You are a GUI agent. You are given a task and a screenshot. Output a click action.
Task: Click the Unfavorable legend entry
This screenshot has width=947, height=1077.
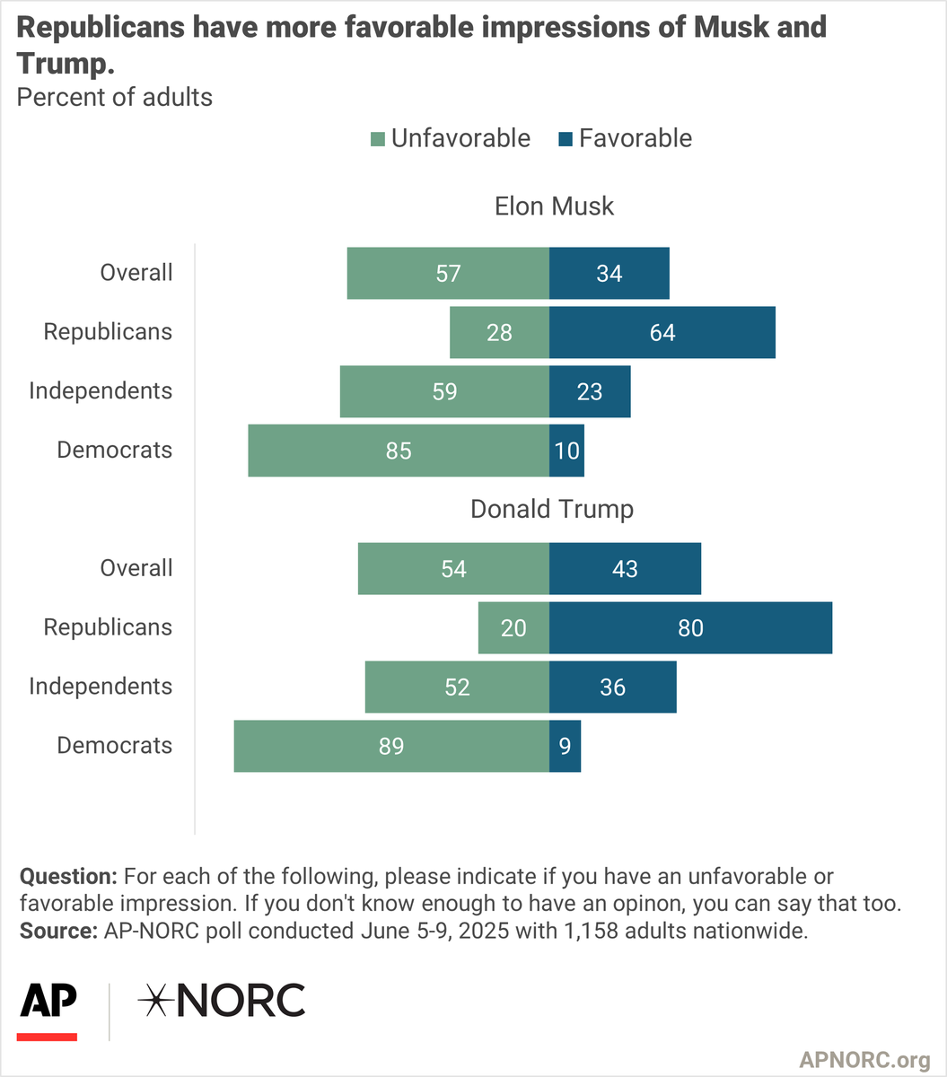click(x=450, y=138)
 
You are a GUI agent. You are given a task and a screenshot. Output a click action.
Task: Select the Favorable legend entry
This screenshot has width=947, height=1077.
click(x=625, y=138)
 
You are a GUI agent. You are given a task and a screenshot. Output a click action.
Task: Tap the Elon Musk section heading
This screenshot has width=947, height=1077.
click(x=554, y=206)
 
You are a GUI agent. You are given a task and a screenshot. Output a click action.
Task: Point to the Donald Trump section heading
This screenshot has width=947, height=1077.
click(x=552, y=509)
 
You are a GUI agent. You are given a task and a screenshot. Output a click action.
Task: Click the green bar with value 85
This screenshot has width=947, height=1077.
click(x=399, y=451)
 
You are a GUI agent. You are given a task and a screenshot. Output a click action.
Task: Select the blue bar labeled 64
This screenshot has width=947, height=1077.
click(x=662, y=332)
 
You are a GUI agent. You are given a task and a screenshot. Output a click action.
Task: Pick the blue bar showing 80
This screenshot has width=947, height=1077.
click(x=690, y=627)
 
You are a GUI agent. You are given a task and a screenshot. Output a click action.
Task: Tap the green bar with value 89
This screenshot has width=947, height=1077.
click(x=391, y=746)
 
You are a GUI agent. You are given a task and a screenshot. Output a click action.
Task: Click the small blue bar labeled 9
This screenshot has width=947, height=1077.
click(x=566, y=746)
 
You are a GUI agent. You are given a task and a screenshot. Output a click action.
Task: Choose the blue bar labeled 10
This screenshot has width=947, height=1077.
click(x=567, y=451)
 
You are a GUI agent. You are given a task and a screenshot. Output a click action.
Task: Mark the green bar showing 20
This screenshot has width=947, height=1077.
click(x=513, y=627)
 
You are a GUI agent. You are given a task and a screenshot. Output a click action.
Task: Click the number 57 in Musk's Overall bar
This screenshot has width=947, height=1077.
click(x=448, y=273)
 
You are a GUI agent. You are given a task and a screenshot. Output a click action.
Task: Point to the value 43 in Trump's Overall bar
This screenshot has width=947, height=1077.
click(x=625, y=568)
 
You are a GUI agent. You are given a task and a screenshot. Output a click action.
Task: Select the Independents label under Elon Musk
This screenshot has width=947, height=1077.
click(x=101, y=391)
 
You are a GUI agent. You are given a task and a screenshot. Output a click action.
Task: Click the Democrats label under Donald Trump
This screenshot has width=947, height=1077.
click(x=114, y=745)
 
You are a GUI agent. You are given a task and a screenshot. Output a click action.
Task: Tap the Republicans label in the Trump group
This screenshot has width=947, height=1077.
click(x=108, y=627)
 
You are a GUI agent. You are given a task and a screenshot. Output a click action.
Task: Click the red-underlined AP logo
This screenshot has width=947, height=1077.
click(x=48, y=1009)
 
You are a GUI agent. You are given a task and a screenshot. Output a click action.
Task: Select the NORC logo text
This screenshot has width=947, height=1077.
click(x=221, y=1001)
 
